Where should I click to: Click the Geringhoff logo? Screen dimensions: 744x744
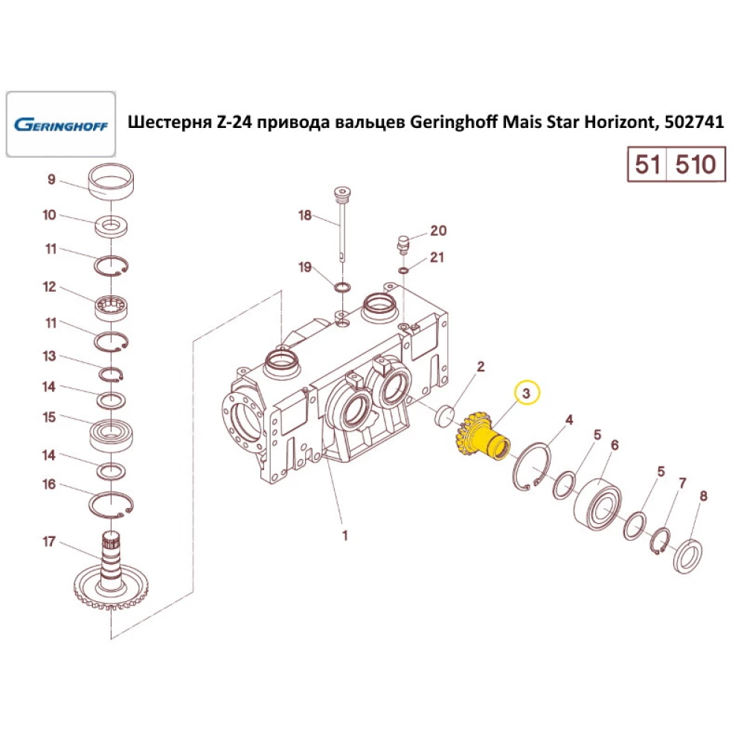(x=61, y=124)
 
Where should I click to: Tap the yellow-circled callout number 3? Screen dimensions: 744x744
(x=527, y=393)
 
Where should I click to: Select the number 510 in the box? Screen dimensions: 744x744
(x=695, y=164)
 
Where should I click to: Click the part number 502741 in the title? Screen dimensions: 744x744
(x=694, y=122)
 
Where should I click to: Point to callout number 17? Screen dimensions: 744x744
(x=49, y=541)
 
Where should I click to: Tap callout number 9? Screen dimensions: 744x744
(x=51, y=179)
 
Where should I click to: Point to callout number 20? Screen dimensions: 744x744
(x=438, y=231)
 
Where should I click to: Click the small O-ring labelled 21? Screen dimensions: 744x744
(x=404, y=271)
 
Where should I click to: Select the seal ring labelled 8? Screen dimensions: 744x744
(x=687, y=556)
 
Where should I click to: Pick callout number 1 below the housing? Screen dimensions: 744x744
(x=345, y=535)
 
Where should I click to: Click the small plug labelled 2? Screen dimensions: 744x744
(x=445, y=416)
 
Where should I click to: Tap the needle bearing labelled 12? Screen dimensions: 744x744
(x=112, y=307)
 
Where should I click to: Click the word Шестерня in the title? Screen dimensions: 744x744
(x=170, y=122)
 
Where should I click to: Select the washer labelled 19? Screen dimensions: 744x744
(x=342, y=287)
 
